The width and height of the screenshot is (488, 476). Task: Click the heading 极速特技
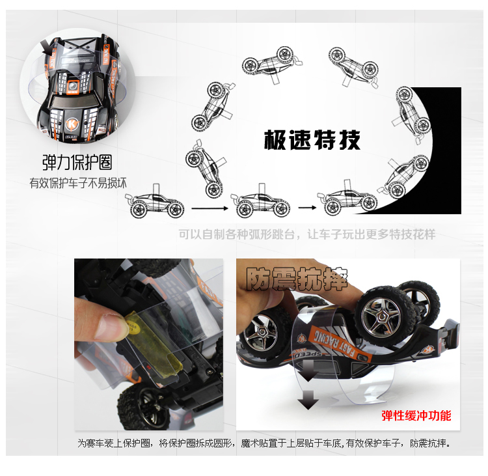(x=312, y=140)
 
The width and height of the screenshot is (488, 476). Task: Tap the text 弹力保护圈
(x=77, y=162)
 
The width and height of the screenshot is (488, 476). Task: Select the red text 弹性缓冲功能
(x=416, y=415)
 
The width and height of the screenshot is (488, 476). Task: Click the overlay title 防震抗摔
(x=297, y=279)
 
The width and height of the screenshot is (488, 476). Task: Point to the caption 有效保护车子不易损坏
(x=78, y=183)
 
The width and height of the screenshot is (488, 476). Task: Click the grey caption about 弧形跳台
(x=307, y=234)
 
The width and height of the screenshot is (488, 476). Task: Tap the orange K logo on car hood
(x=72, y=124)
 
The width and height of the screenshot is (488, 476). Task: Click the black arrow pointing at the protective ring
(x=47, y=48)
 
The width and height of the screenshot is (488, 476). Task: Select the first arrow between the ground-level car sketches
(x=210, y=208)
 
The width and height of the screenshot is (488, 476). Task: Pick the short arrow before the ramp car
(x=307, y=208)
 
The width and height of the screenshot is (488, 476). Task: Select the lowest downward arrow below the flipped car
(x=308, y=400)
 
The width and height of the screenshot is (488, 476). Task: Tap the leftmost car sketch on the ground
(x=155, y=202)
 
